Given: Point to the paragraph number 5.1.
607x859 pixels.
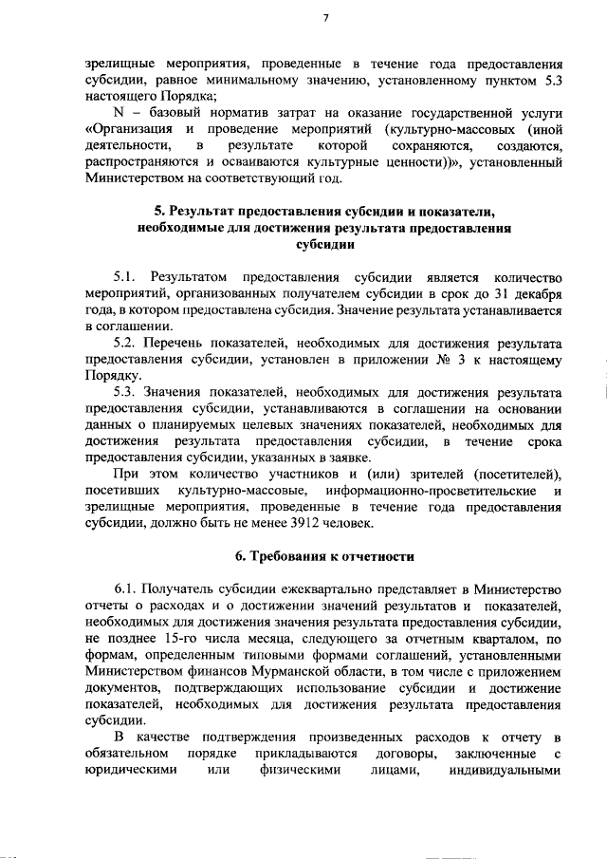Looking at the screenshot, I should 127,277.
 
